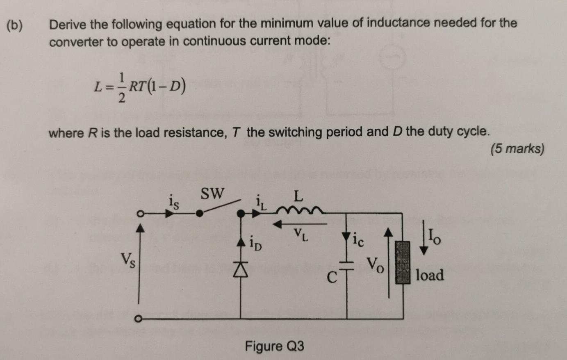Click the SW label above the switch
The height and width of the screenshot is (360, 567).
point(212,193)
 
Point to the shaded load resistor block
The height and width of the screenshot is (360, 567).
point(402,262)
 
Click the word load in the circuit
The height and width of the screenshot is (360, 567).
point(430,275)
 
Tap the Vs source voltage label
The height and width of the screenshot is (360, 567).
point(128,259)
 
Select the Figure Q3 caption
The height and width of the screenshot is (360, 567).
point(274,346)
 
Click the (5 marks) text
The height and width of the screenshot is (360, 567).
point(517,148)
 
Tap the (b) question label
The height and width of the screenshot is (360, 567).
point(15,25)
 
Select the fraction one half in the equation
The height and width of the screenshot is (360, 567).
point(121,87)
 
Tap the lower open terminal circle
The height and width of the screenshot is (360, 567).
point(139,318)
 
